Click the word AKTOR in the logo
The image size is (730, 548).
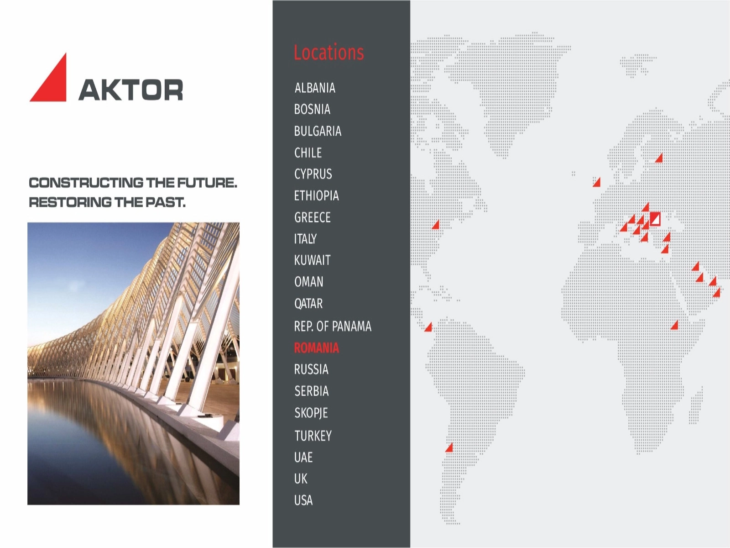click(x=130, y=90)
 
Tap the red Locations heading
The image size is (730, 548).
click(x=328, y=53)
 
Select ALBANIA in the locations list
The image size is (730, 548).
click(x=315, y=88)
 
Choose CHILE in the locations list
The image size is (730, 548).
click(x=308, y=153)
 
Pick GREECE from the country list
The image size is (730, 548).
click(x=312, y=217)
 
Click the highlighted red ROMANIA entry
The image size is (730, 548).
click(x=316, y=348)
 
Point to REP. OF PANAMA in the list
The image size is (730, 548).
click(x=333, y=326)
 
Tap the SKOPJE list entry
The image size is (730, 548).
click(x=311, y=413)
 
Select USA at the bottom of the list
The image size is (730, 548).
click(x=303, y=500)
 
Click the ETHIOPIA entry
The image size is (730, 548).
click(x=316, y=195)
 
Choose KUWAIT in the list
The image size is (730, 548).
click(x=312, y=260)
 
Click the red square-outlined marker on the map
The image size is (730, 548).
click(x=655, y=219)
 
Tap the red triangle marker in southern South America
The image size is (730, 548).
click(x=450, y=448)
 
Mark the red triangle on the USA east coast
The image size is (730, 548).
click(x=436, y=225)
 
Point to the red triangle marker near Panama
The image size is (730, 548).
click(x=429, y=327)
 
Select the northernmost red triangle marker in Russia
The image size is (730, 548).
click(x=659, y=158)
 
